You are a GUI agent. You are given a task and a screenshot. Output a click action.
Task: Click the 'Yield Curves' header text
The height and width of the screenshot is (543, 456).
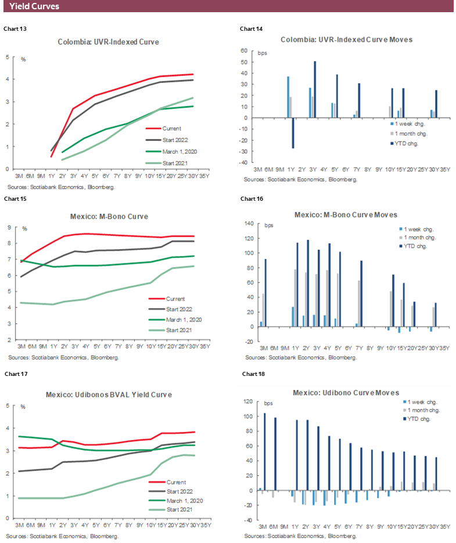[x=34, y=6]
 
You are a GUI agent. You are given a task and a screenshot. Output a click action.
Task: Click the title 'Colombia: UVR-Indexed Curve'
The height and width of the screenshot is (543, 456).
[x=108, y=42]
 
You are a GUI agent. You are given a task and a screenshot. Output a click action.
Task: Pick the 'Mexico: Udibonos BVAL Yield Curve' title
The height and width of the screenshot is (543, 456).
[x=109, y=394]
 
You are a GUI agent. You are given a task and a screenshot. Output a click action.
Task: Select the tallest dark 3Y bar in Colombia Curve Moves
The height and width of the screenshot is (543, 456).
[x=315, y=89]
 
